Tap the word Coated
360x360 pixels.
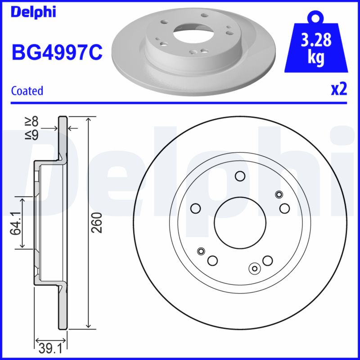tap(27, 91)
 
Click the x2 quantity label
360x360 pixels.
tap(339, 90)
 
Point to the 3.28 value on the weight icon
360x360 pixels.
tap(316, 41)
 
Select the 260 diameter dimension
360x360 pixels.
tap(99, 222)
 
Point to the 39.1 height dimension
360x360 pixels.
tap(50, 348)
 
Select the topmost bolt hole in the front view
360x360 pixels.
tap(240, 176)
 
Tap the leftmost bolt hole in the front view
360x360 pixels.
tap(195, 208)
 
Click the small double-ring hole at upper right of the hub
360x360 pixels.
tap(279, 194)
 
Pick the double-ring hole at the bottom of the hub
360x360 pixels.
tap(255, 269)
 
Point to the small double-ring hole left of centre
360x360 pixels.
tap(201, 251)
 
